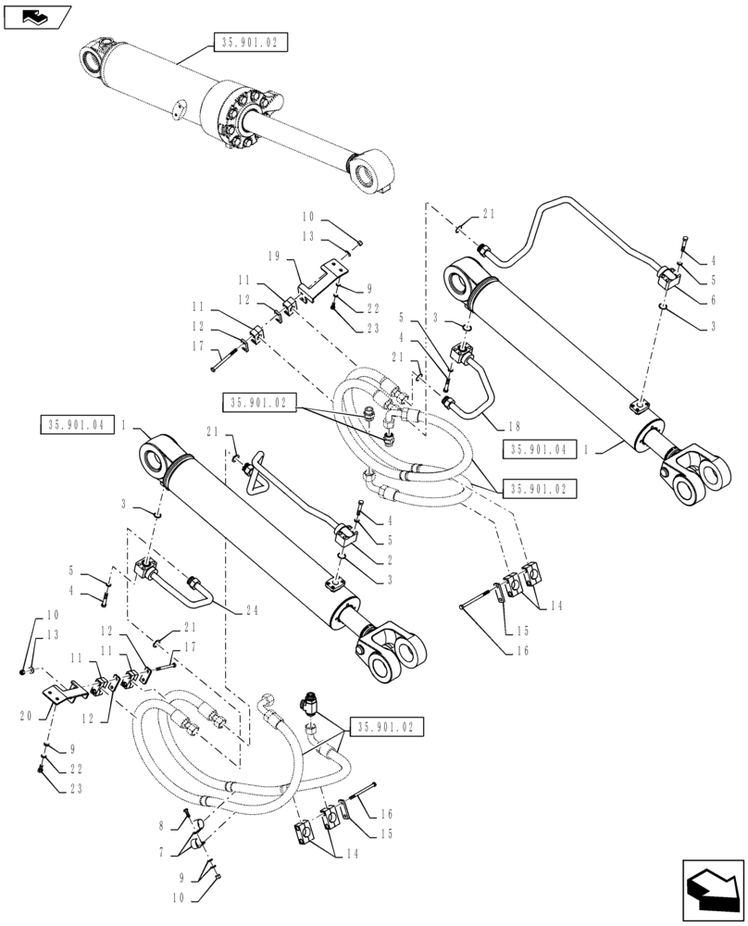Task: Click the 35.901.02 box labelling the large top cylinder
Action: pos(251,43)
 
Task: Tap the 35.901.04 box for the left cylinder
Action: pos(78,424)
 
